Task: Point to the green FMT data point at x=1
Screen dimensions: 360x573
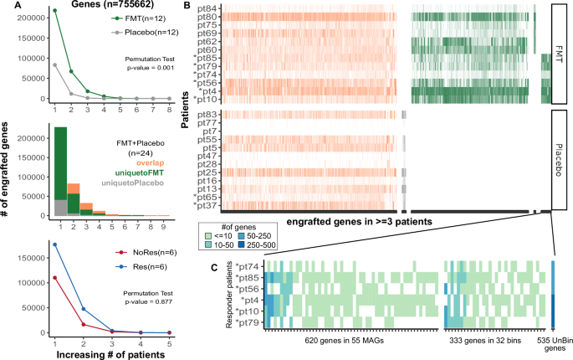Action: click(55, 11)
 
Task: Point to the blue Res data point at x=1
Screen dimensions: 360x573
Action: click(55, 244)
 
